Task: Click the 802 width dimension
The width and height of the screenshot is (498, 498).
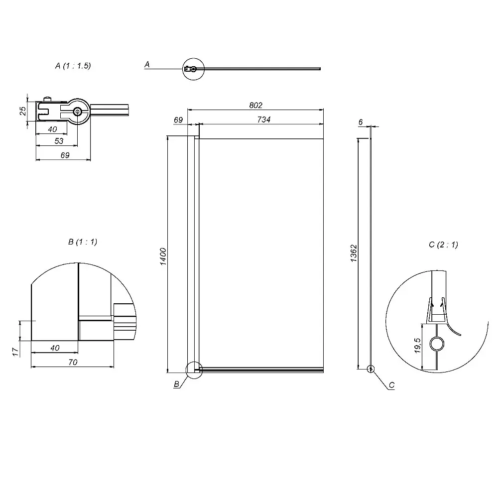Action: (255, 105)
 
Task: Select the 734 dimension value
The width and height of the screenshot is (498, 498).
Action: (264, 120)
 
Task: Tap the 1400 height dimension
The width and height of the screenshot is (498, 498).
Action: (163, 256)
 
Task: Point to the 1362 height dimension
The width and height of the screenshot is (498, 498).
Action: (354, 253)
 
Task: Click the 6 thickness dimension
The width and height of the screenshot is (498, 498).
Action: (361, 123)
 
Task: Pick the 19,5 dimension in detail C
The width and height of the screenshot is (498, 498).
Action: (418, 346)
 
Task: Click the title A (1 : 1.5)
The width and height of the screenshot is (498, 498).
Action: (73, 66)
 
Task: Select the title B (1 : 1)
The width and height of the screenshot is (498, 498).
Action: (83, 242)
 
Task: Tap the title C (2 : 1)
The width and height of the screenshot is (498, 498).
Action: (443, 245)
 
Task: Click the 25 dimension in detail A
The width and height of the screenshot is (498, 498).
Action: (23, 111)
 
